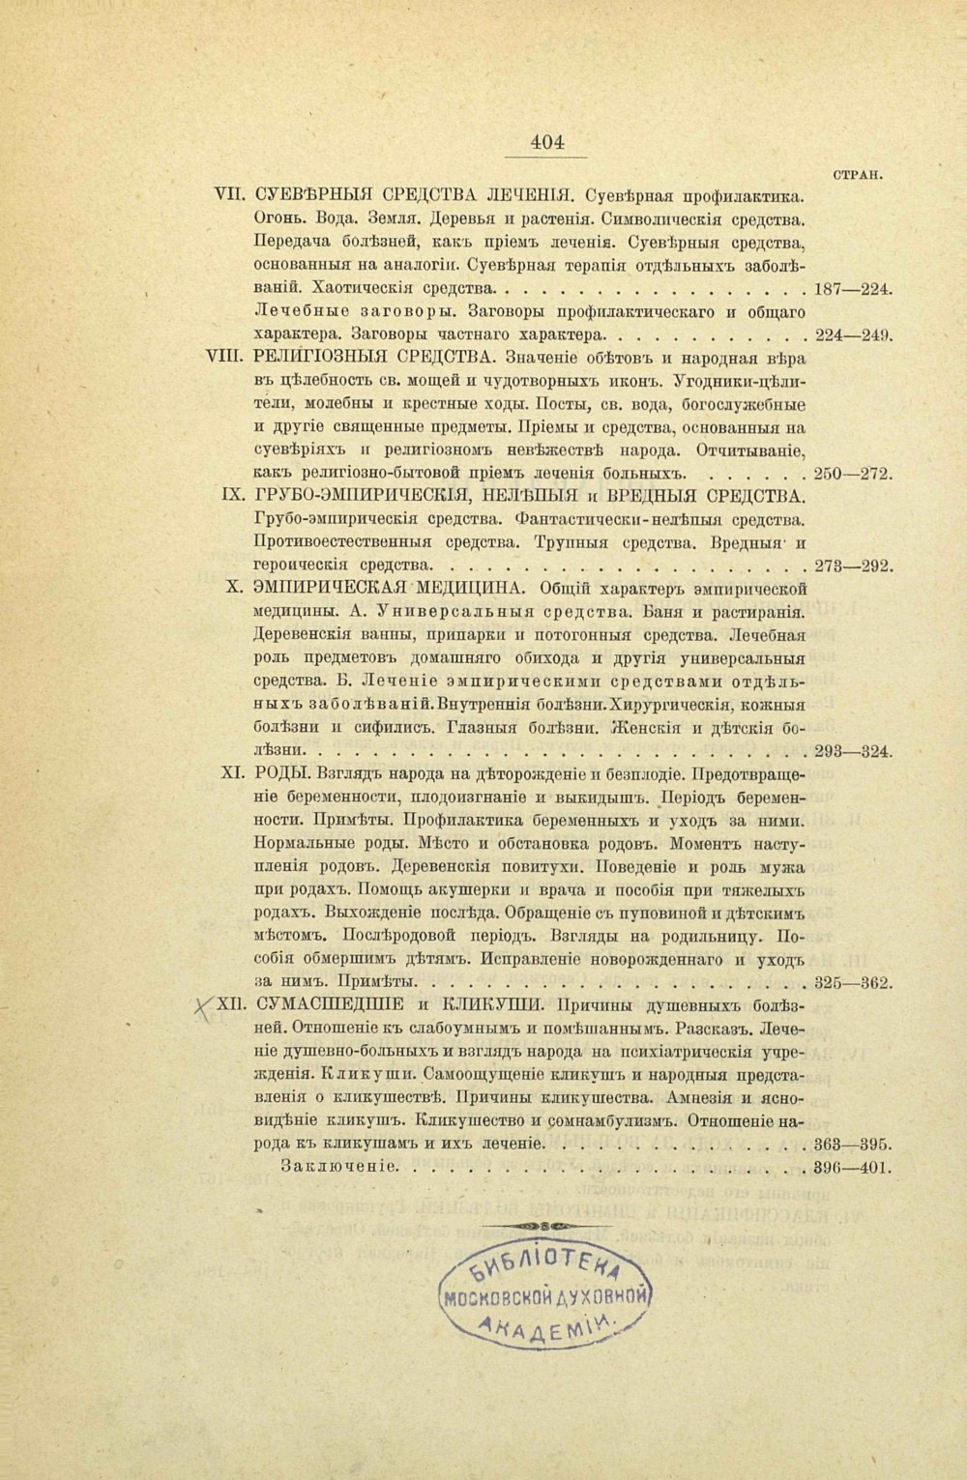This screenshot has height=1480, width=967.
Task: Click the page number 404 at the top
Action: [546, 142]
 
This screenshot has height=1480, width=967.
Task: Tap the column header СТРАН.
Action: [860, 175]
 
